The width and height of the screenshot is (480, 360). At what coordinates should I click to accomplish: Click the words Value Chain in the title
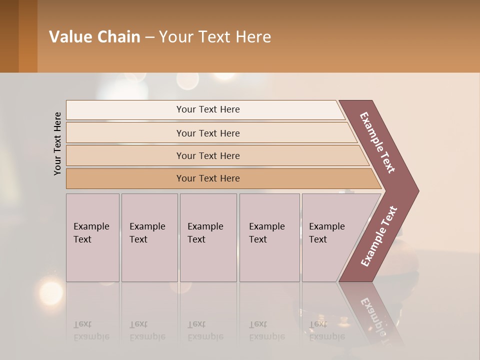pos(94,37)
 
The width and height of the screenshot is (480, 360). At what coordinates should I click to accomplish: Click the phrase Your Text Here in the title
pos(215,37)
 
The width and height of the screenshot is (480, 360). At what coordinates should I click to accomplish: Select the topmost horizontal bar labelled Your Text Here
pos(208,109)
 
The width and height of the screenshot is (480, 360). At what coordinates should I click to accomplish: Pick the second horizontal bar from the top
pos(208,133)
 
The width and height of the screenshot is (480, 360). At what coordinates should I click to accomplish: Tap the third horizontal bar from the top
pos(208,155)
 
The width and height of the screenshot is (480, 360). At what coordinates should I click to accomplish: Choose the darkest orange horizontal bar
pos(208,178)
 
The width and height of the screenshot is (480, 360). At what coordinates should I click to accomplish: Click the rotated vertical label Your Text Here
pos(57,143)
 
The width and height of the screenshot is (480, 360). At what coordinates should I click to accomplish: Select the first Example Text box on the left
pos(92,237)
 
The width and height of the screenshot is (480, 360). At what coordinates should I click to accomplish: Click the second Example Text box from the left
pos(149,237)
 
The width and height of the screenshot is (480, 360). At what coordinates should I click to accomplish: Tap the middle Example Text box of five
pos(208,237)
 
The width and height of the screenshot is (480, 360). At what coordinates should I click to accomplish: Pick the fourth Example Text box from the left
pos(269,237)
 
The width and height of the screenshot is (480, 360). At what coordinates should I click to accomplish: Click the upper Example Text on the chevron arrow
pos(377,142)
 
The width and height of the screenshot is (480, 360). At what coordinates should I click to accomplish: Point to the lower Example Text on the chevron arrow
pos(379,236)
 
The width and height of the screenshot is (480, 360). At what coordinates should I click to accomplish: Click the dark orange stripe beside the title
pos(27,36)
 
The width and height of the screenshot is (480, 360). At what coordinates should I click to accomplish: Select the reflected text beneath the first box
pos(91,330)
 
